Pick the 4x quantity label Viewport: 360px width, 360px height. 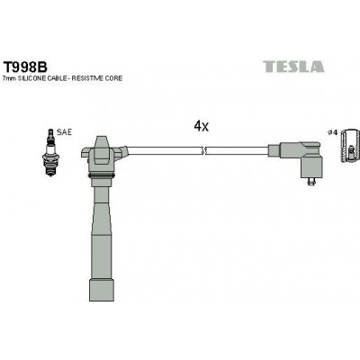click(x=202, y=127)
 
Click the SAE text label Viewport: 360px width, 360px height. click(x=64, y=132)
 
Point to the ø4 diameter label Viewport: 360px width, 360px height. click(x=332, y=132)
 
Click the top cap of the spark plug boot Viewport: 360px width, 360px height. click(x=102, y=144)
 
